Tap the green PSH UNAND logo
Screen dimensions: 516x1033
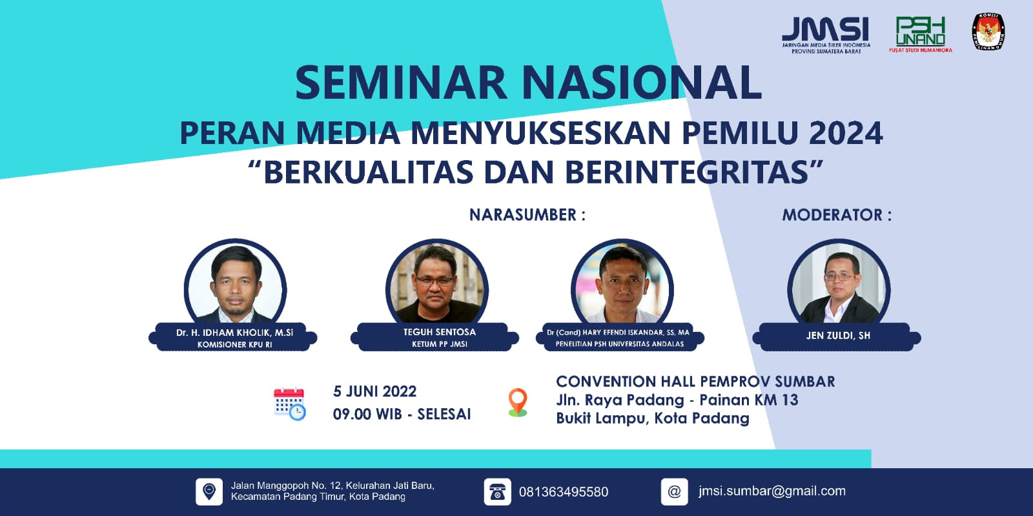920,33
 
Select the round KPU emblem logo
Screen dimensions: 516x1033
988,32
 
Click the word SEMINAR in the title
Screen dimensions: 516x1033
400,83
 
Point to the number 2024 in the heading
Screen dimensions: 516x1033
845,133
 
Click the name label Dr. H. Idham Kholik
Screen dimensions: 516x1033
234,333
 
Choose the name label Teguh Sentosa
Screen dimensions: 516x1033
440,332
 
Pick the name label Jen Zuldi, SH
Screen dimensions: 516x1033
838,335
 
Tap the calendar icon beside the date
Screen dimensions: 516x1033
289,404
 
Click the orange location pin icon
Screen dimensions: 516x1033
518,402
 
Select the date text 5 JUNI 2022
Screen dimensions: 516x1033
374,391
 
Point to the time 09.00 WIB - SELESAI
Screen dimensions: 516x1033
402,414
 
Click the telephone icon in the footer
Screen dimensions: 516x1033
497,492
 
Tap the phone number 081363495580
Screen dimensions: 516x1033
563,492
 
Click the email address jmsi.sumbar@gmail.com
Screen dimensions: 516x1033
772,491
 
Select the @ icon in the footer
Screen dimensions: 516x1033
674,492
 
